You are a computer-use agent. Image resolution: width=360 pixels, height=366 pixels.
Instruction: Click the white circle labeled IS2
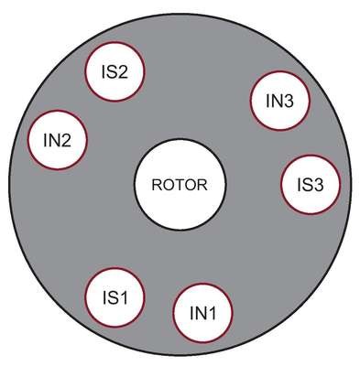(x=115, y=71)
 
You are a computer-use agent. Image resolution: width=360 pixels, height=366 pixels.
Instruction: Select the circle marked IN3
(x=279, y=101)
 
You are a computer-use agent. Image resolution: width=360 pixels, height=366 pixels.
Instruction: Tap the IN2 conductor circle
(x=58, y=140)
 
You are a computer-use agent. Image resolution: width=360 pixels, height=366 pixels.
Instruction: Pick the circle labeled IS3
(x=311, y=185)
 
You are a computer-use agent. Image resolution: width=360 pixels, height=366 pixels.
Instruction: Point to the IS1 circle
(x=115, y=297)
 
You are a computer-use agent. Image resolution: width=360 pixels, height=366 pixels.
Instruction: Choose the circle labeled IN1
(x=202, y=313)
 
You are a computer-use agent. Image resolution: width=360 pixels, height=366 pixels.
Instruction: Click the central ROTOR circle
(x=180, y=184)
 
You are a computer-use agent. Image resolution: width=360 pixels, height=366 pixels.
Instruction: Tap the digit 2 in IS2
(x=122, y=72)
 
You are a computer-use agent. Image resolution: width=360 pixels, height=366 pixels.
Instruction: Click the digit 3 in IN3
(x=288, y=101)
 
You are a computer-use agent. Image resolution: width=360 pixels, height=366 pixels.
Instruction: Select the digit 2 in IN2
(x=65, y=140)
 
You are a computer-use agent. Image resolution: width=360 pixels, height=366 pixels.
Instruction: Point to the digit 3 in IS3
(x=318, y=185)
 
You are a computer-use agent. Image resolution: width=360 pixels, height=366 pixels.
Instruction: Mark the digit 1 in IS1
(x=123, y=297)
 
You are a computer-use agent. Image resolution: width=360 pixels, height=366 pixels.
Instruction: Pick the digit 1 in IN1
(x=212, y=313)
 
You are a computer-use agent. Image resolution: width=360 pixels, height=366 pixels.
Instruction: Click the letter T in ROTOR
(x=180, y=185)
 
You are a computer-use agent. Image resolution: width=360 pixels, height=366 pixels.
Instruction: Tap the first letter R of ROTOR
(x=158, y=185)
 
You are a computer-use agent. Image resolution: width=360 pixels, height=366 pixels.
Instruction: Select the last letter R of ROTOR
(x=202, y=185)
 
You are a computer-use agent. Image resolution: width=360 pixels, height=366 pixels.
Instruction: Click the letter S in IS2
(x=110, y=72)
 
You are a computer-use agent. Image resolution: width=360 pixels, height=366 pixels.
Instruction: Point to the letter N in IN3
(x=276, y=101)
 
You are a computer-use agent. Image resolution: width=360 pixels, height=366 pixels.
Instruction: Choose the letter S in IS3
(x=306, y=185)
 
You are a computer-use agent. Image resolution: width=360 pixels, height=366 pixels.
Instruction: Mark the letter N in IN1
(x=200, y=313)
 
